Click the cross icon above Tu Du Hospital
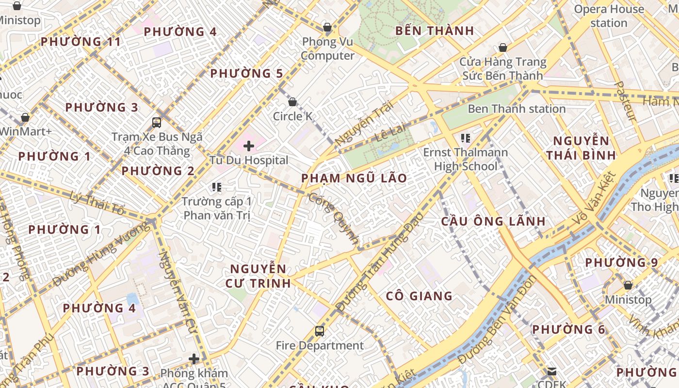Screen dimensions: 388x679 [x=249, y=145]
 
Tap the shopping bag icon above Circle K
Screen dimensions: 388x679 [x=292, y=102]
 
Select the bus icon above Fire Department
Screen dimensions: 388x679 [x=319, y=331]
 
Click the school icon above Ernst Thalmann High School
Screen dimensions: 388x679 [x=466, y=138]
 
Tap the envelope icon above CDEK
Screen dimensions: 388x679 [x=552, y=372]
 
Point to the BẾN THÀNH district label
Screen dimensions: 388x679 [x=435, y=31]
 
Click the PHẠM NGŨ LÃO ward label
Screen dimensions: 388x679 [x=354, y=178]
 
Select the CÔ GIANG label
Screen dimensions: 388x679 [x=419, y=296]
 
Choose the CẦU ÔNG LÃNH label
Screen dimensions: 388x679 [x=493, y=221]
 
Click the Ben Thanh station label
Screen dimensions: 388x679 [x=516, y=109]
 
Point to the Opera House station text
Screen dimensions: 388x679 [x=609, y=16]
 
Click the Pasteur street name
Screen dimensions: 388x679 [x=625, y=101]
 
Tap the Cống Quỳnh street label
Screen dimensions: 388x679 [x=334, y=218]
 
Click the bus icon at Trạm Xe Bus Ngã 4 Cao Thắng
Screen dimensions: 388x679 [x=157, y=122]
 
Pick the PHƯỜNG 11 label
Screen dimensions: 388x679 [x=81, y=42]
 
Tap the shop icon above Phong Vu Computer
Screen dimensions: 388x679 [x=327, y=27]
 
